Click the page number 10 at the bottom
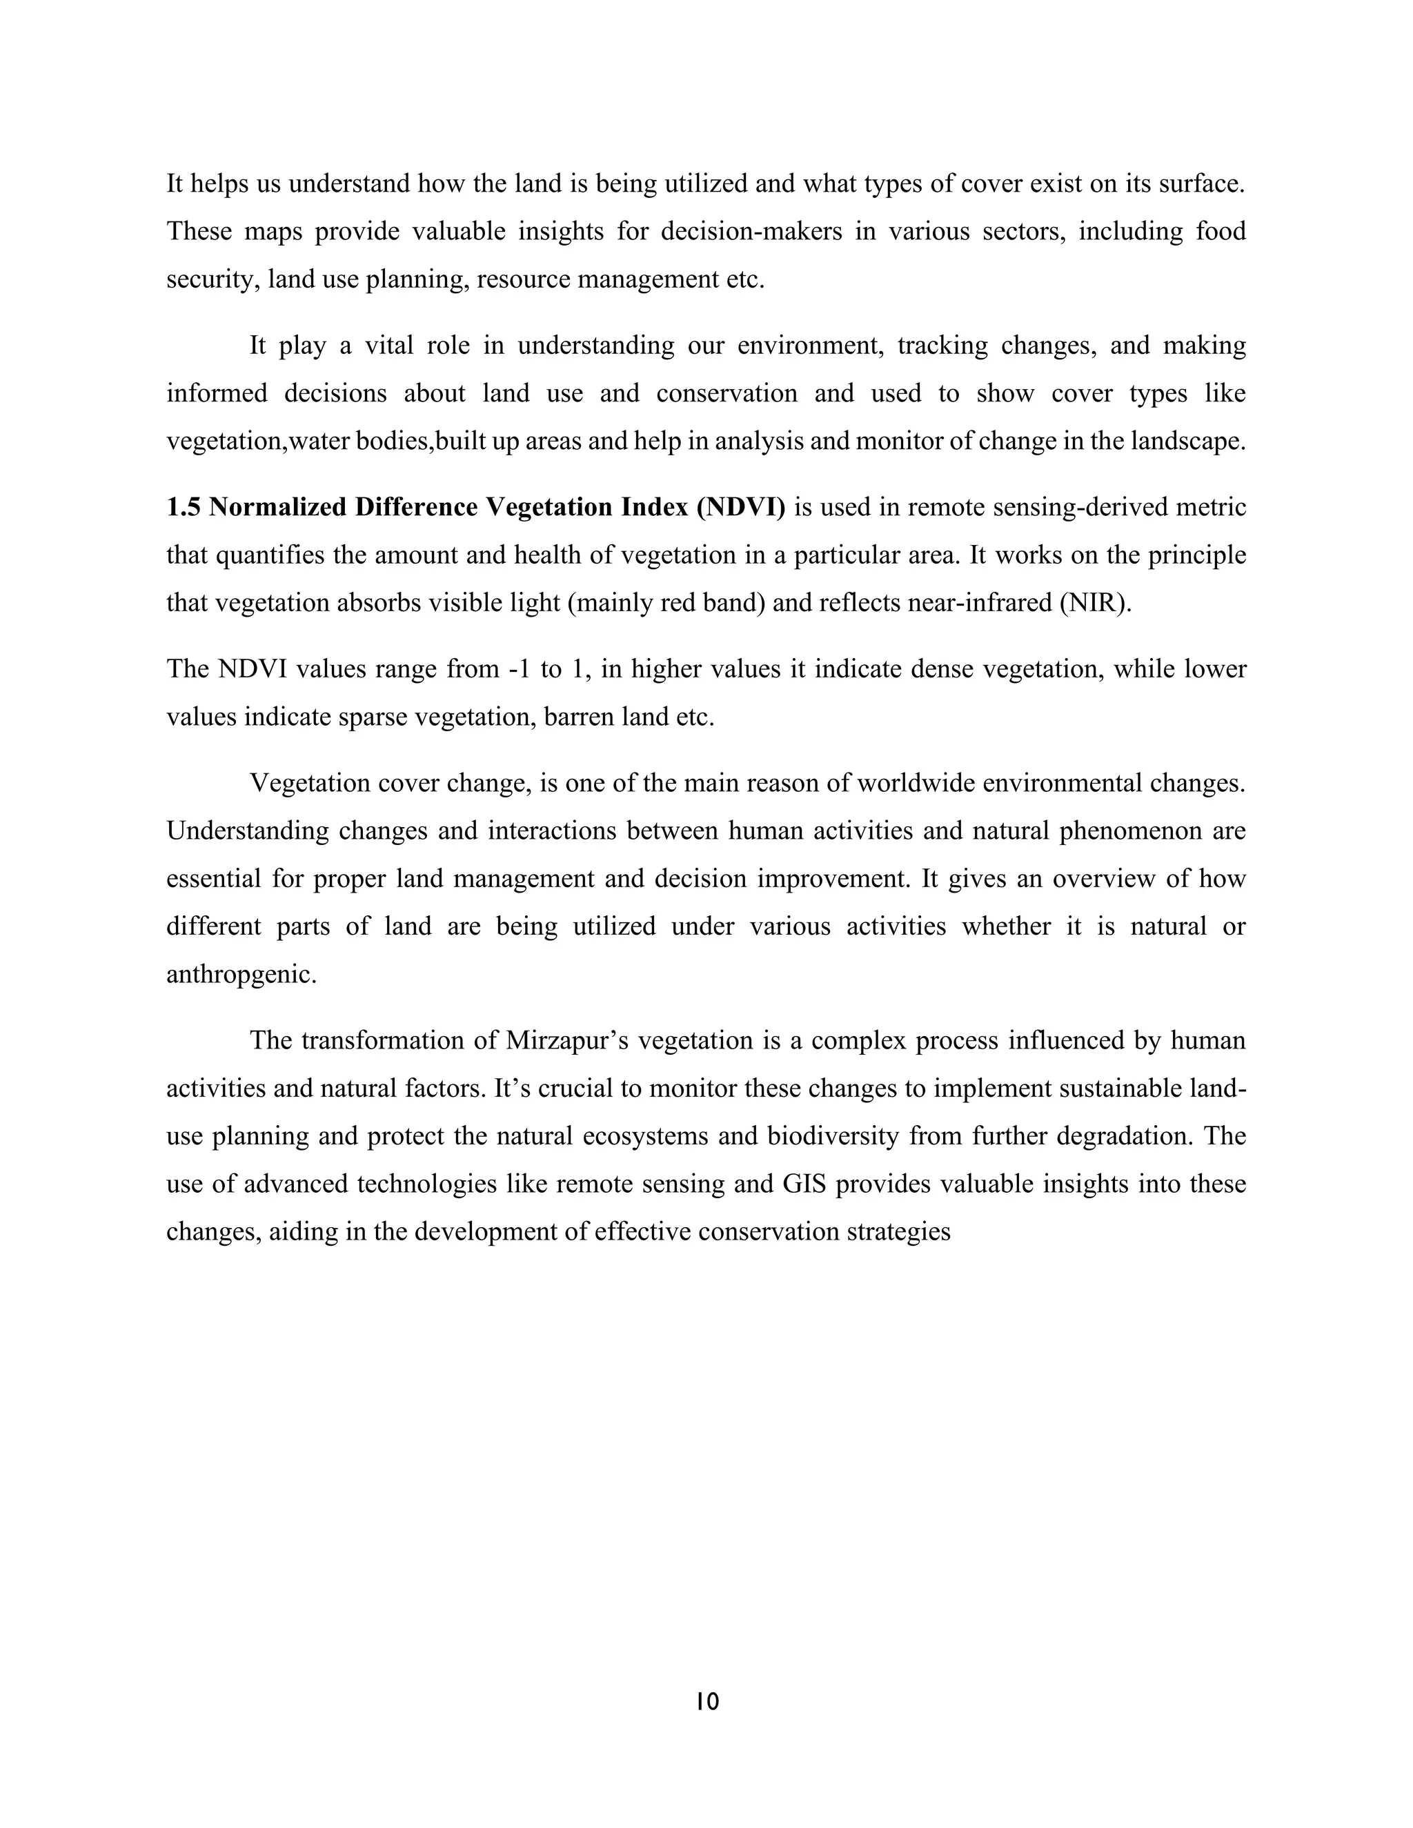coord(706,1702)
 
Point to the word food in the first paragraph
coord(1221,232)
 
